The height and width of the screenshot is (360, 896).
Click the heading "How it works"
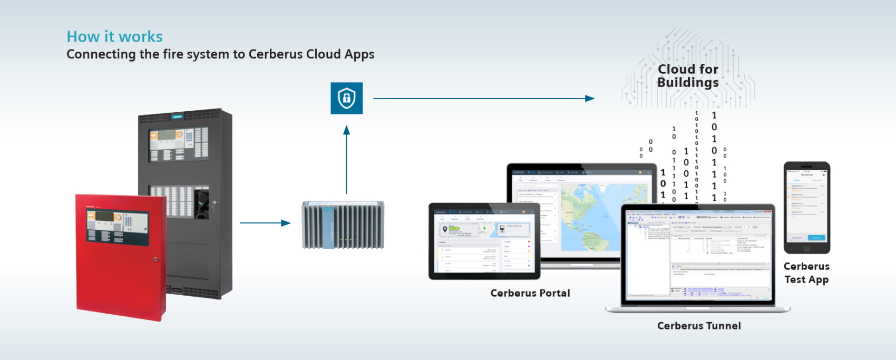coord(114,36)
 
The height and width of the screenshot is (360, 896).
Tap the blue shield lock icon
coord(346,98)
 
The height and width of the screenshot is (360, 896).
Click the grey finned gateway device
coord(343,225)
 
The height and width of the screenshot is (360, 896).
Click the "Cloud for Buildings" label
coord(688,76)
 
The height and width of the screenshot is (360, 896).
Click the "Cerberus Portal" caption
coord(530,293)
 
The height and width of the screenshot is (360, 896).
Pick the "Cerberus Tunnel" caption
coord(699,326)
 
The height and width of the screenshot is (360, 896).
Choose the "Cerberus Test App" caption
coord(806,273)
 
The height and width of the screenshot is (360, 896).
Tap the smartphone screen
coord(806,207)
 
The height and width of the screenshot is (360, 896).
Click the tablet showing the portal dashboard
coord(484,241)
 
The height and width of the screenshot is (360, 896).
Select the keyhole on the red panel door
coord(155,259)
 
